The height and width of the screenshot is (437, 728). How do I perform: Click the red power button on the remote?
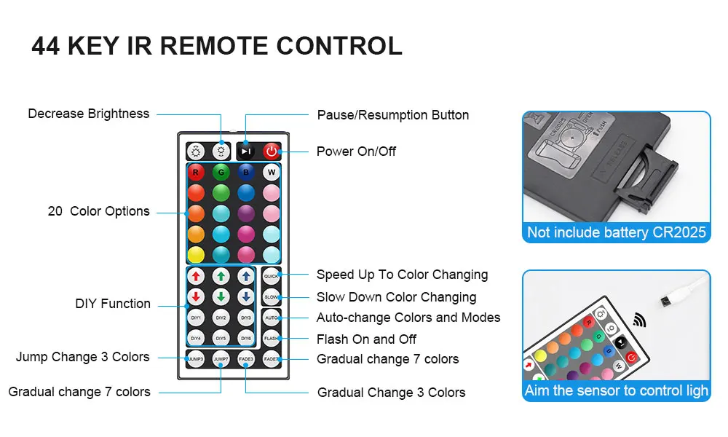272,151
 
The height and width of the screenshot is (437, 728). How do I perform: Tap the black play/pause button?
246,151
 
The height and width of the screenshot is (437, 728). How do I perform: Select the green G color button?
221,173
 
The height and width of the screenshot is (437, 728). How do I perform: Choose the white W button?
272,173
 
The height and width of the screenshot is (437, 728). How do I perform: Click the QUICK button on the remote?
271,276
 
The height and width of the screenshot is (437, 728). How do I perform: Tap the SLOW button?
271,297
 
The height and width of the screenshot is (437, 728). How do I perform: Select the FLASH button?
271,339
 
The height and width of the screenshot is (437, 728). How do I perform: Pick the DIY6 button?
246,339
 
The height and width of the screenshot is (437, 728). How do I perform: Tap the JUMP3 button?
196,359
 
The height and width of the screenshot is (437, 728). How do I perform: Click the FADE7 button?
271,359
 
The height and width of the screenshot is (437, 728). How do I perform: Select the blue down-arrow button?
246,297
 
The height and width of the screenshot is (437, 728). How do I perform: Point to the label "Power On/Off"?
356,151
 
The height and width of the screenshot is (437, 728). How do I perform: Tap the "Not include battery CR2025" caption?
616,232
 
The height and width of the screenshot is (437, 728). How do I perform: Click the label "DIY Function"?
113,304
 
